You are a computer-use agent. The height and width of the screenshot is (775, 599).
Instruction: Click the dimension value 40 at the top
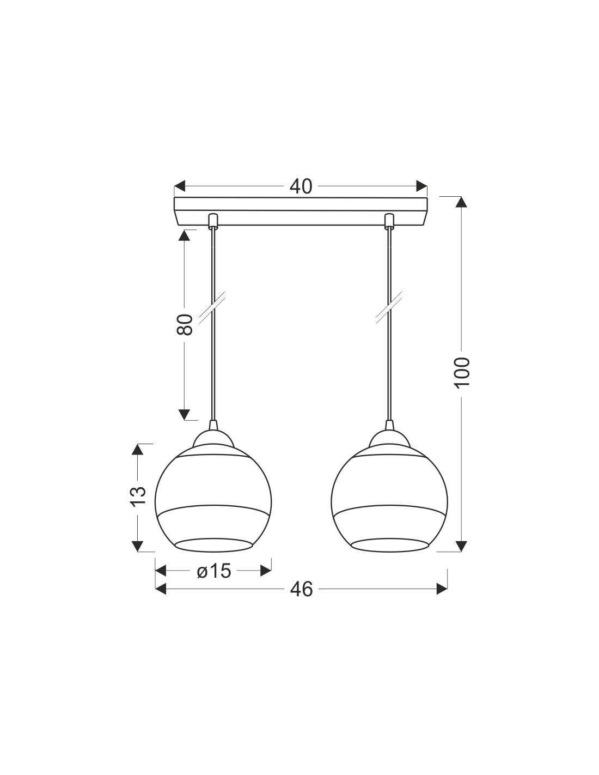(x=301, y=186)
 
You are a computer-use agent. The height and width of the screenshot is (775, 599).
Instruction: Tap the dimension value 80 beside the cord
(x=185, y=324)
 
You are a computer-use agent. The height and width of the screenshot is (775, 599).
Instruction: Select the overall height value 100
(x=462, y=372)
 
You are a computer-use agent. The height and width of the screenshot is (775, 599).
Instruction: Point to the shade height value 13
(x=138, y=495)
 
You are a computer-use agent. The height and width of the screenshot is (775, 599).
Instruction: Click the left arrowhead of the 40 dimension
(x=180, y=186)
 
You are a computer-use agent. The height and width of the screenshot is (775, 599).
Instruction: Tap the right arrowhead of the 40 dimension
(x=422, y=186)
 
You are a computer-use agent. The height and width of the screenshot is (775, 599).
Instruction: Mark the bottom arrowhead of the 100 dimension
(x=462, y=546)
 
